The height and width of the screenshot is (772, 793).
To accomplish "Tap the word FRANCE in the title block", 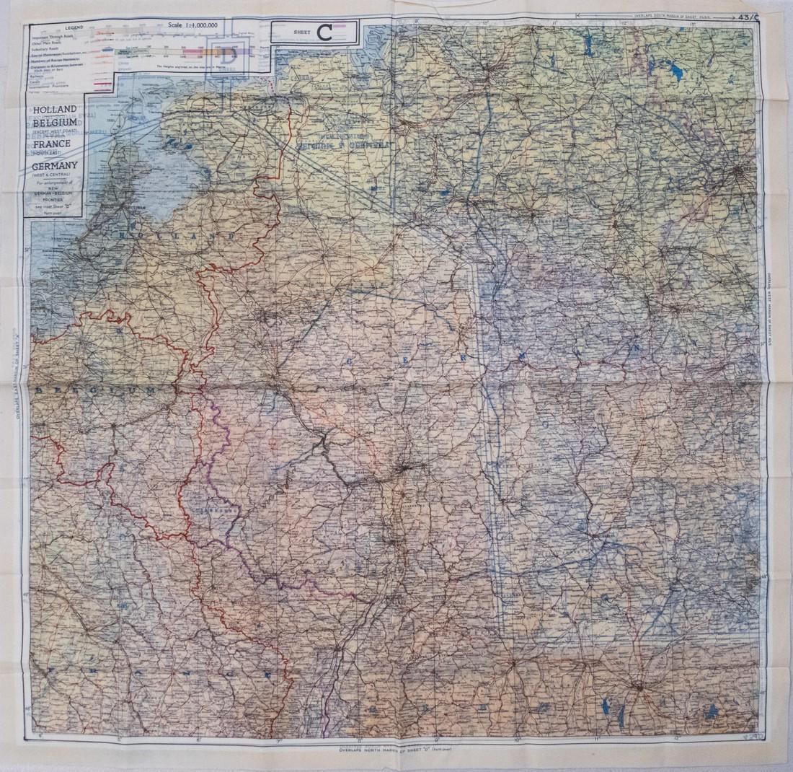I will (50, 144).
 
